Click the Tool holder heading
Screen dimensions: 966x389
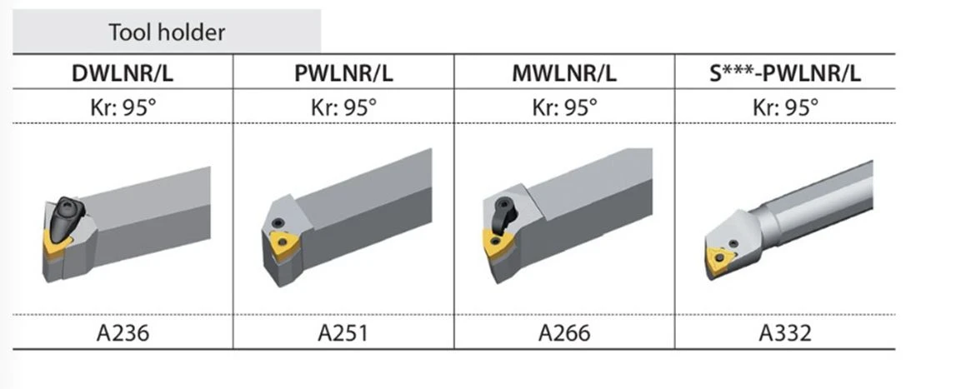pyautogui.click(x=167, y=32)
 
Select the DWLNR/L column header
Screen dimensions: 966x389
pyautogui.click(x=123, y=73)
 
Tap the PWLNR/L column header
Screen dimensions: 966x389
pyautogui.click(x=343, y=73)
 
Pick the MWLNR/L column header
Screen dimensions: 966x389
pyautogui.click(x=563, y=73)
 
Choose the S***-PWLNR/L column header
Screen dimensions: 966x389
pyautogui.click(x=784, y=73)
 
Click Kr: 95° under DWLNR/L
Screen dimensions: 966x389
pyautogui.click(x=123, y=108)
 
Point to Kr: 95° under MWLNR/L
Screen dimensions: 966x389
pyautogui.click(x=564, y=108)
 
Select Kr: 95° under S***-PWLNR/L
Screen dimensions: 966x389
pyautogui.click(x=785, y=108)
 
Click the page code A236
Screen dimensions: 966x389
pyautogui.click(x=123, y=333)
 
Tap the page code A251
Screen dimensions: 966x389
pyautogui.click(x=343, y=333)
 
